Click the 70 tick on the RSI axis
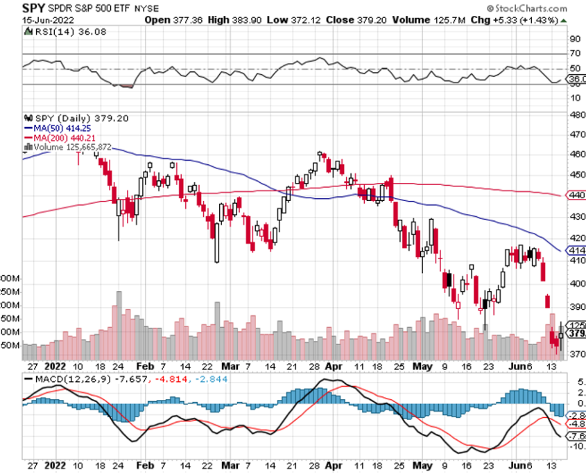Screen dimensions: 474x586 click(x=574, y=53)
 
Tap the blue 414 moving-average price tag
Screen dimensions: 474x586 click(x=577, y=249)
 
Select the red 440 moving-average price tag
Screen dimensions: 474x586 click(x=577, y=195)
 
